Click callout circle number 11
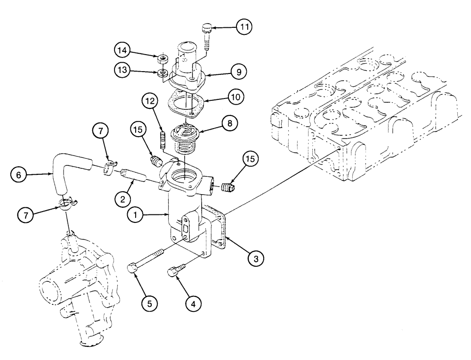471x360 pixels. pyautogui.click(x=244, y=28)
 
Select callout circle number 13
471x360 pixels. pyautogui.click(x=122, y=70)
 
